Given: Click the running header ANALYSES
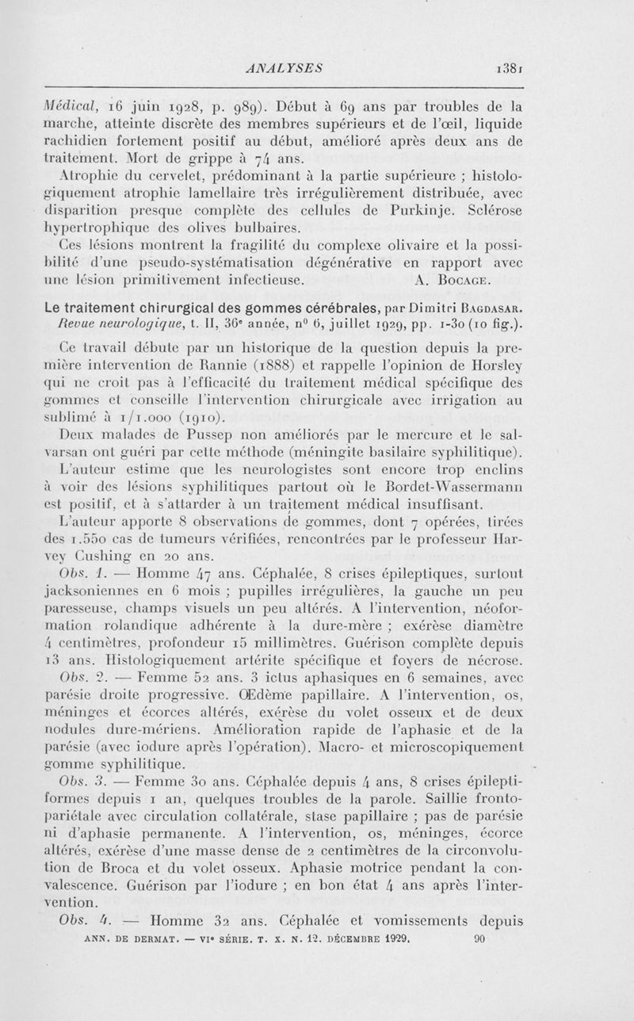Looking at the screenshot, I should [283, 68].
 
